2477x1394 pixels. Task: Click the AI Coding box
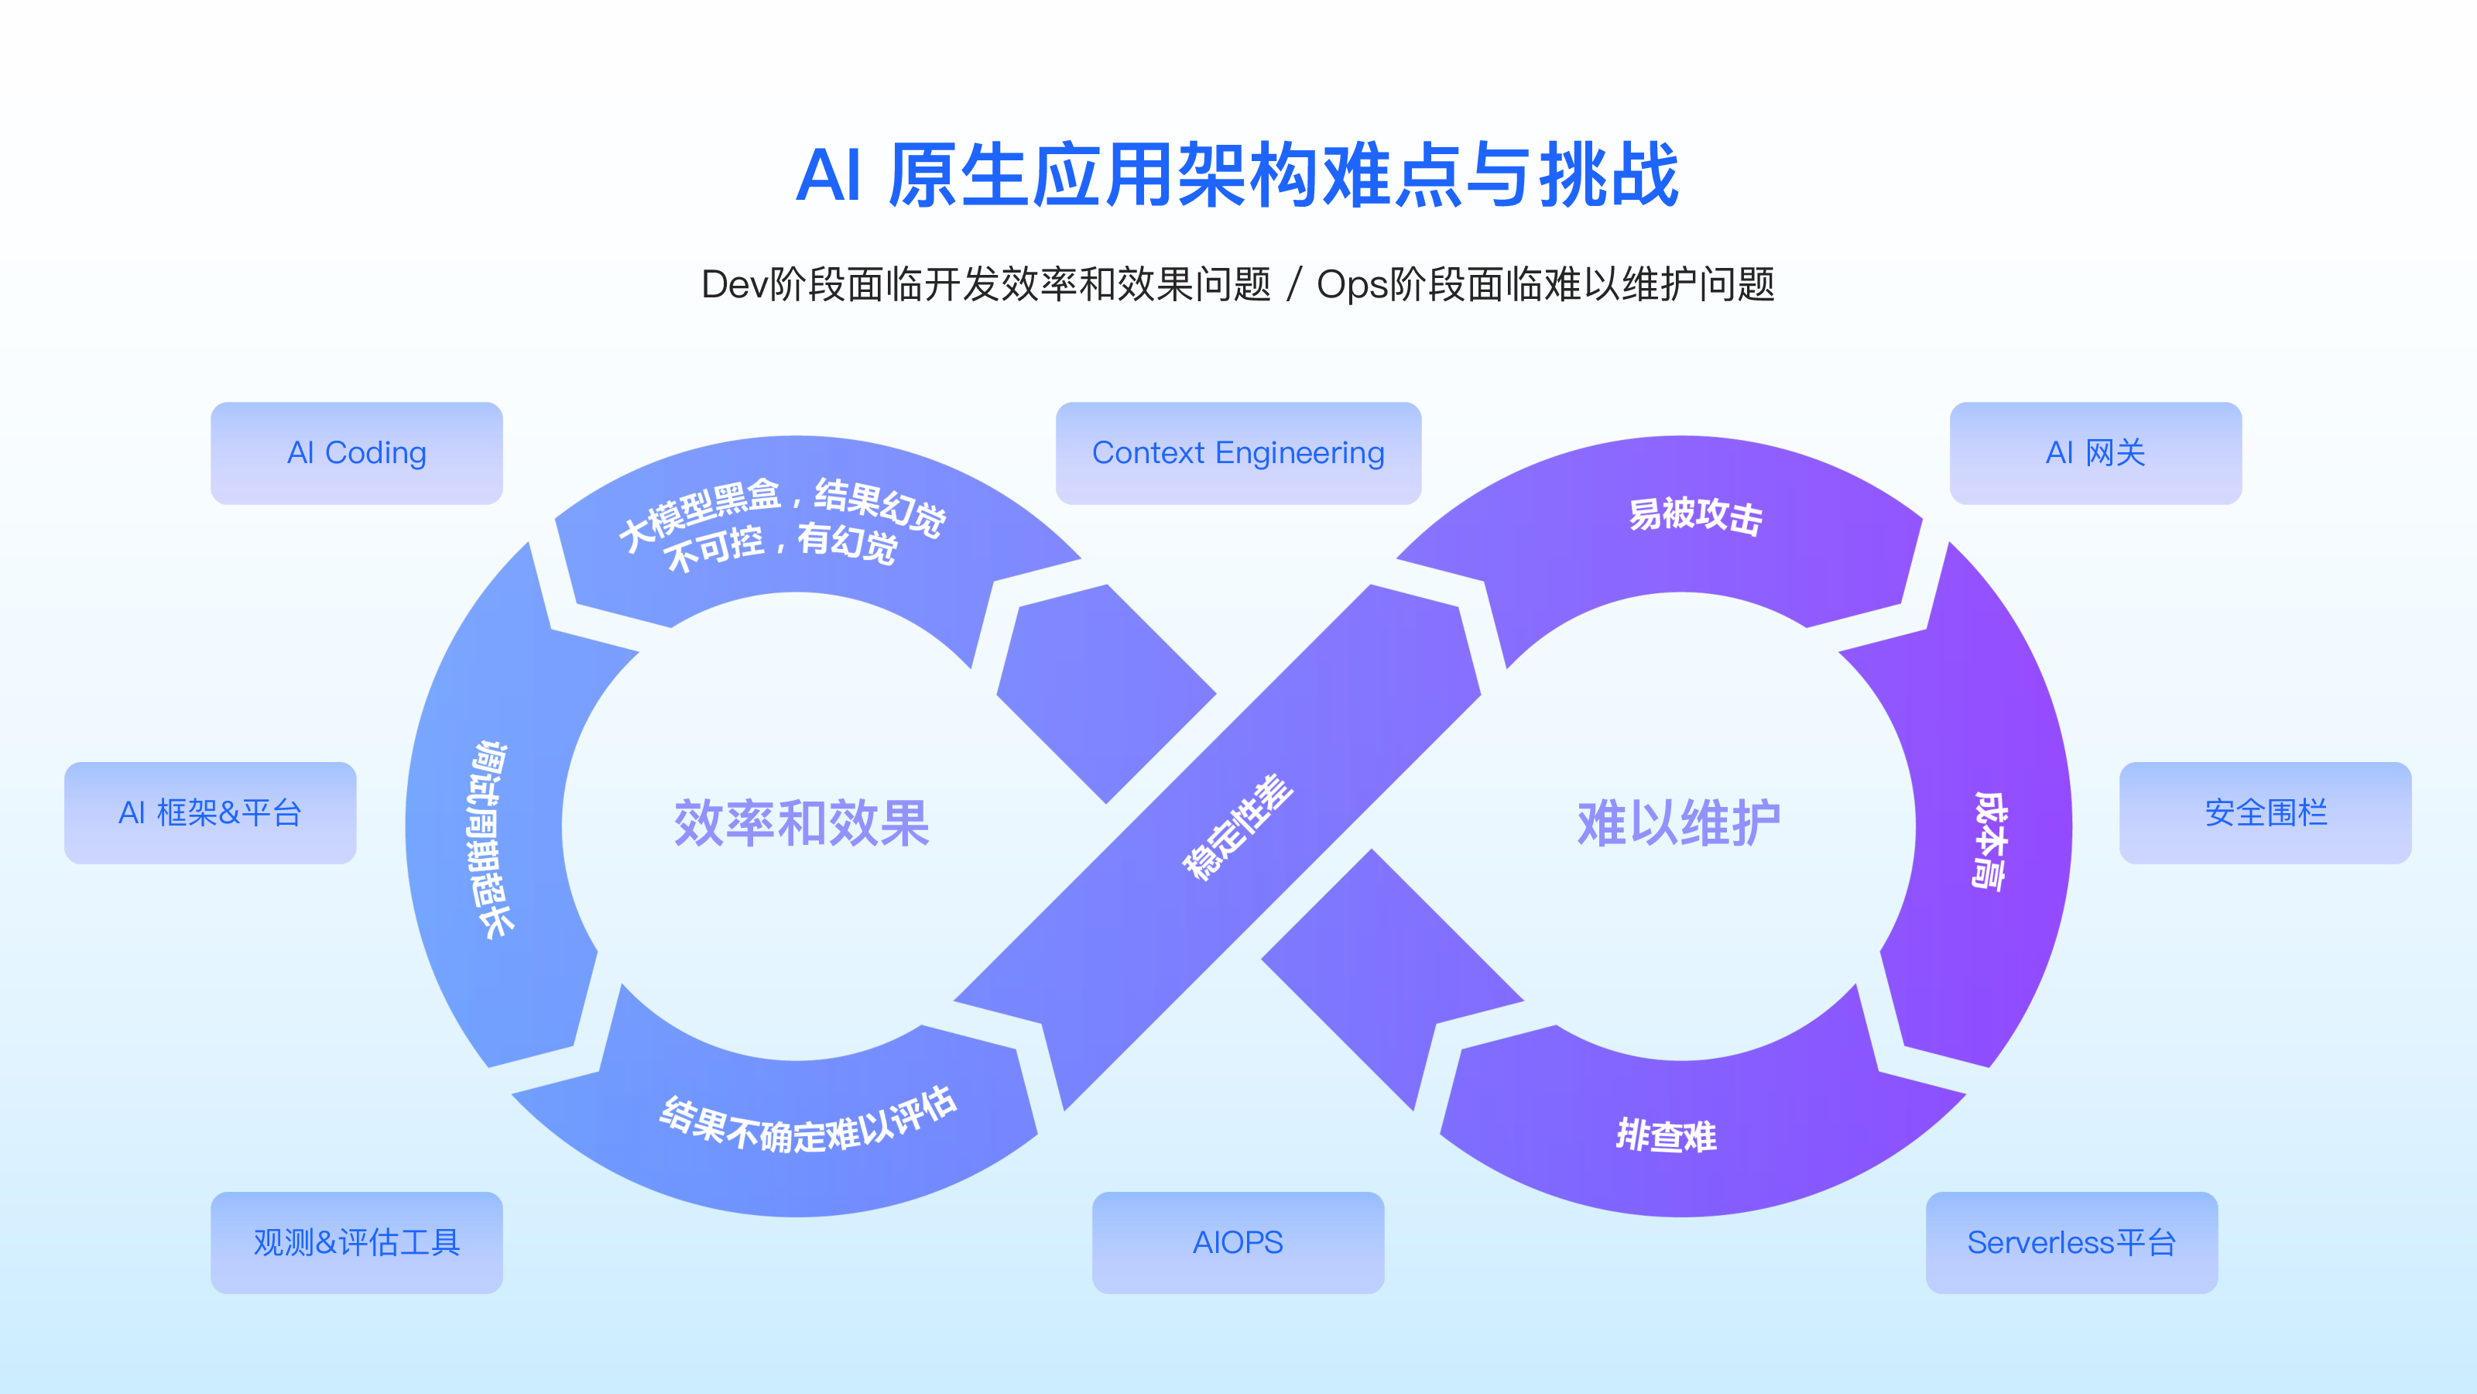point(356,453)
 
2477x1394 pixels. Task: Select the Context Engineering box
point(1238,453)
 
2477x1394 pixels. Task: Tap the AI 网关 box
point(2095,453)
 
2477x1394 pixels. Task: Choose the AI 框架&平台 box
point(210,813)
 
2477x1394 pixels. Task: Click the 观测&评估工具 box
point(356,1242)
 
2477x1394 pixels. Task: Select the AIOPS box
point(1238,1242)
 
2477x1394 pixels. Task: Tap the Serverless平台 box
point(2071,1242)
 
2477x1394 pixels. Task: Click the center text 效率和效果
point(801,823)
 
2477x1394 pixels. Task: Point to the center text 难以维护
point(1678,823)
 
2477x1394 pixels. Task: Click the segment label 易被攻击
point(1694,516)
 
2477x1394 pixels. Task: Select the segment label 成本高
point(1988,839)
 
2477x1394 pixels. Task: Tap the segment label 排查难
point(1666,1135)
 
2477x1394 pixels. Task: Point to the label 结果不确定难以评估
point(807,1121)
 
